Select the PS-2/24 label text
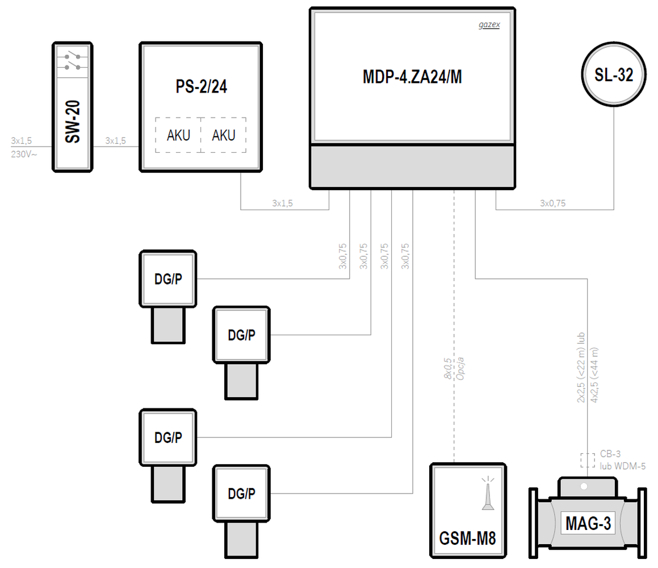click(x=202, y=89)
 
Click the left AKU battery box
click(x=178, y=135)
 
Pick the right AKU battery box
click(x=224, y=135)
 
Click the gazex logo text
click(x=488, y=26)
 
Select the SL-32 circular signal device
click(x=614, y=76)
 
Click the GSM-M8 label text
click(x=467, y=538)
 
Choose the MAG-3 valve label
click(x=588, y=524)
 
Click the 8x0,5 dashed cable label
click(x=448, y=369)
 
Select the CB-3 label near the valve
click(x=610, y=454)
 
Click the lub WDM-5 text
click(x=623, y=466)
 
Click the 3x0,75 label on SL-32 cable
click(x=552, y=203)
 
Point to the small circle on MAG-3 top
click(x=584, y=486)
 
